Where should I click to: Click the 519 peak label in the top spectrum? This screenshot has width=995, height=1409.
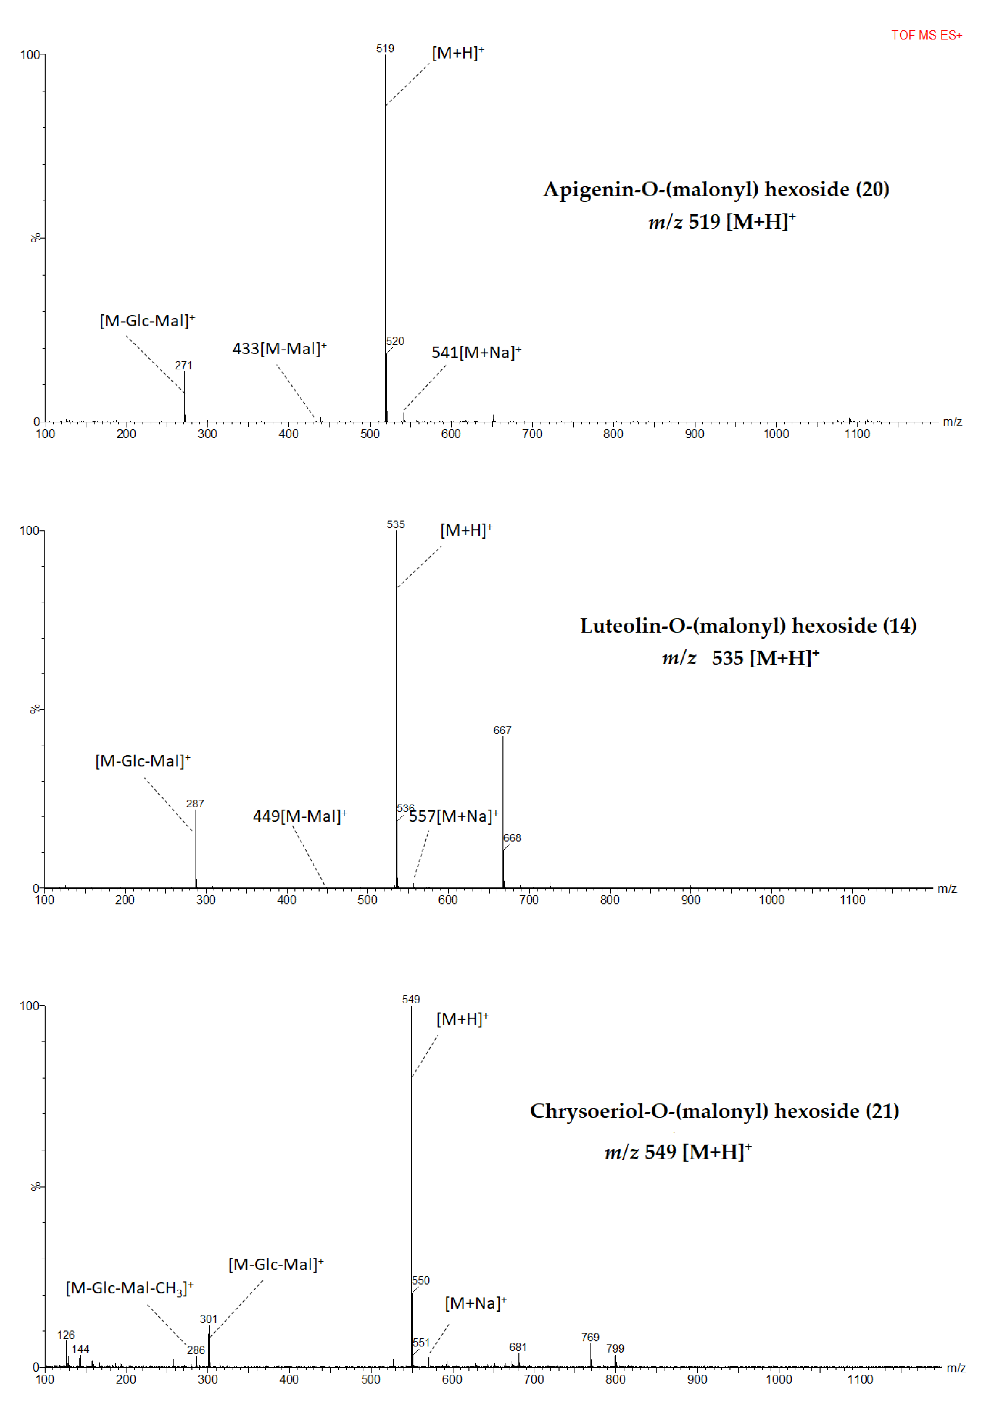coord(385,49)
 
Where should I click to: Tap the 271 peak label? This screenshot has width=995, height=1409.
coord(183,365)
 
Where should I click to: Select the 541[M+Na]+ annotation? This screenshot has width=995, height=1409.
coord(476,352)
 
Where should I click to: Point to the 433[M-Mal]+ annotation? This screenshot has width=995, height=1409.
coord(279,349)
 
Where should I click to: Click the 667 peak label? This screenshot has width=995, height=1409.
coord(502,730)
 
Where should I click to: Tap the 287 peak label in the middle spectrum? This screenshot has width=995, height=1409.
coord(195,803)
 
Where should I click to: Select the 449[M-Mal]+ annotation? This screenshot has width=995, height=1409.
coord(300,816)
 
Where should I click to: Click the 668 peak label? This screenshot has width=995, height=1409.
coord(512,838)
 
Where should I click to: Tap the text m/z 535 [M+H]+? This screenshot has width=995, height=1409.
coord(741,658)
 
